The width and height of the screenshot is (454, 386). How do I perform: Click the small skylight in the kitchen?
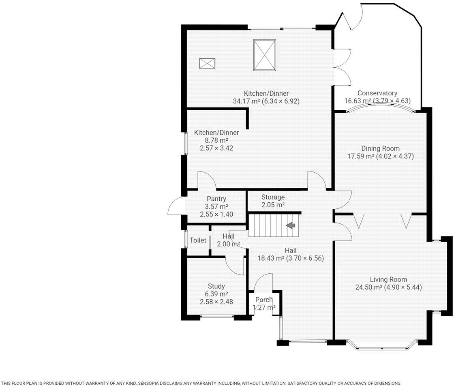point(207,63)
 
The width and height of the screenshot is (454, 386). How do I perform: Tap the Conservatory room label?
point(377,93)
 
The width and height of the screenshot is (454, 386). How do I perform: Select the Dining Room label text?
point(380,148)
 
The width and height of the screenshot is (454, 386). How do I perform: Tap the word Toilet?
point(198,240)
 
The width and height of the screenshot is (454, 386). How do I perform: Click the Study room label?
point(216,286)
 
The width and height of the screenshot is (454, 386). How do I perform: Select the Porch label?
point(263,300)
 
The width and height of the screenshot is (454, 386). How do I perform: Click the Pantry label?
point(216,199)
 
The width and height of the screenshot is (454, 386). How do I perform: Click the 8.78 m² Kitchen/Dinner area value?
point(216,140)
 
